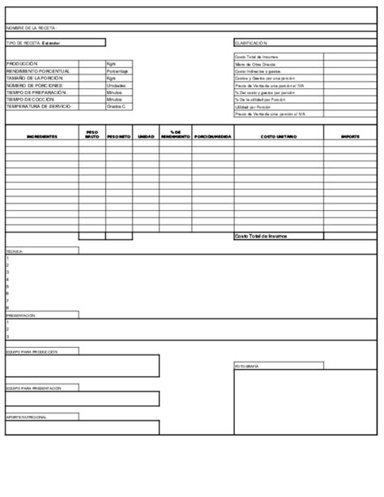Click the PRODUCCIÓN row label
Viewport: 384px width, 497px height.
[22, 62]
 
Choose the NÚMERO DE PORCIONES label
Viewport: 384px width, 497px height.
[35, 84]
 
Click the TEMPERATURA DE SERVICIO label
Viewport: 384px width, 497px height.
[39, 106]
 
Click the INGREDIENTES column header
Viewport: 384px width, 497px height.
[41, 137]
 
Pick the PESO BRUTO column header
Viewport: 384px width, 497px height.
[92, 135]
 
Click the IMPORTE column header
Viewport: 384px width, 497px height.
[350, 137]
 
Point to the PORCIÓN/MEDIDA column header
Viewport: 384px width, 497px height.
[213, 137]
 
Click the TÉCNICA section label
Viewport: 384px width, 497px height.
[15, 251]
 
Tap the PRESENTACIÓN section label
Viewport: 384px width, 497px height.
[21, 314]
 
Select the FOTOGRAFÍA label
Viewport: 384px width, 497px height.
[247, 367]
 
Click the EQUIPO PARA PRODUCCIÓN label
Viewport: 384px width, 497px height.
[31, 352]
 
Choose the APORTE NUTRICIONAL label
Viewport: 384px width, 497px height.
[26, 417]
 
